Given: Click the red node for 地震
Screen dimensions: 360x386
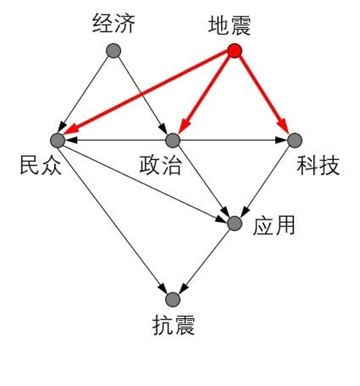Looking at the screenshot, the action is (x=235, y=50).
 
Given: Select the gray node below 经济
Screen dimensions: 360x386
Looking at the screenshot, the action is (x=114, y=50).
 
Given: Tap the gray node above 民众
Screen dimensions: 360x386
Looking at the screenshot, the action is (x=58, y=140).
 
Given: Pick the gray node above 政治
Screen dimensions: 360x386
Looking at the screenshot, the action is (x=173, y=140).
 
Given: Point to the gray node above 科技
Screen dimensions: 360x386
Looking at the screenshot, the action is (x=294, y=140).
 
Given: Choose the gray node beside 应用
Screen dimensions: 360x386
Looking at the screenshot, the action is (x=235, y=223).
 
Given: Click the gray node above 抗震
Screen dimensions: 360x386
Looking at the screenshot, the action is (x=173, y=300).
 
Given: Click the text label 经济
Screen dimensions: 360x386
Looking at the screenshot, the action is (x=114, y=23).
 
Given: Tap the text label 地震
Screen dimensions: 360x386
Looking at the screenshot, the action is (x=230, y=25).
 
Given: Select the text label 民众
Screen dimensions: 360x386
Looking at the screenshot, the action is (x=40, y=165).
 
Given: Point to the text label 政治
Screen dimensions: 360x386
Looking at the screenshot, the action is (x=161, y=165).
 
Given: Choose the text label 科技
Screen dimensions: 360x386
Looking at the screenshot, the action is (x=318, y=165).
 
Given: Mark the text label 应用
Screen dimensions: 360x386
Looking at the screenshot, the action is (x=274, y=225).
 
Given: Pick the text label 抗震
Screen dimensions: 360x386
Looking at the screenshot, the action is (x=174, y=325).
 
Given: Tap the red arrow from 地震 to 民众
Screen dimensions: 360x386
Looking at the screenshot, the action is (x=145, y=93).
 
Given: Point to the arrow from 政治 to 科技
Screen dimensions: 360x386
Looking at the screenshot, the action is (x=234, y=140).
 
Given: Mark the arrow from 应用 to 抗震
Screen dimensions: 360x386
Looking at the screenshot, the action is (x=204, y=261).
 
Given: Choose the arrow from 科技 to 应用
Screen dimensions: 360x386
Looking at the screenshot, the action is (x=265, y=181).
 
